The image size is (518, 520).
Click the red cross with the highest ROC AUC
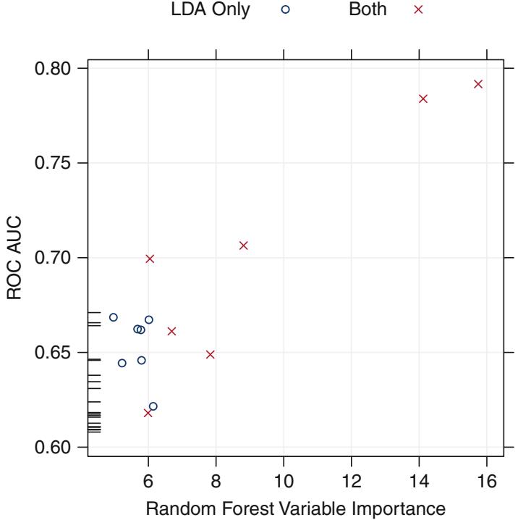click(x=477, y=84)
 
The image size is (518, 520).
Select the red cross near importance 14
click(x=423, y=98)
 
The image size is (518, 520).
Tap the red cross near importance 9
click(x=243, y=246)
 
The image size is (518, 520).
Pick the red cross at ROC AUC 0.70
click(x=150, y=259)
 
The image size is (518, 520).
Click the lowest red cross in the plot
click(x=148, y=413)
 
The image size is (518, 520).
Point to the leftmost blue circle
click(x=114, y=317)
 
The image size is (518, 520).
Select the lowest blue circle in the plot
click(x=153, y=406)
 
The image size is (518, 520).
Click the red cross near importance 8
click(x=211, y=354)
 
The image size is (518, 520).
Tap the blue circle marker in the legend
click(x=285, y=11)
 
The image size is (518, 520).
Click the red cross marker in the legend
click(x=417, y=11)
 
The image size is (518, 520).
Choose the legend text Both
click(x=368, y=11)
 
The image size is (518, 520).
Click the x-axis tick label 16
click(x=486, y=479)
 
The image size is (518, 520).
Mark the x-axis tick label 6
click(x=148, y=479)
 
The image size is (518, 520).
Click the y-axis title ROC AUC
click(x=16, y=258)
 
